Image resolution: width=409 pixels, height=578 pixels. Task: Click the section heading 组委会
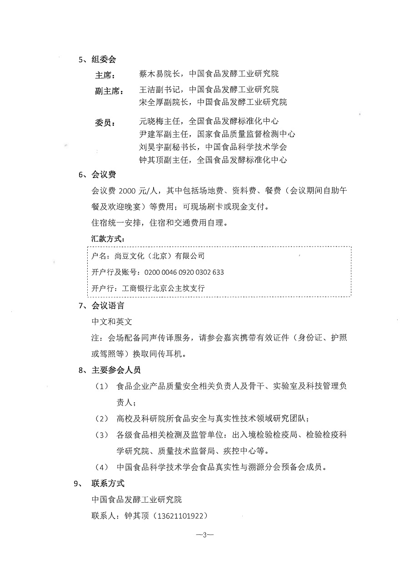click(104, 59)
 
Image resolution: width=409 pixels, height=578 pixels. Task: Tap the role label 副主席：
click(109, 91)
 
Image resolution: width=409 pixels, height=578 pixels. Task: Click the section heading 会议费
click(104, 174)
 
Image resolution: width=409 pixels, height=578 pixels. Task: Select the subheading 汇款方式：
click(108, 238)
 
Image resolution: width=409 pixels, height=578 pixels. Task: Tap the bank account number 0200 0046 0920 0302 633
click(184, 272)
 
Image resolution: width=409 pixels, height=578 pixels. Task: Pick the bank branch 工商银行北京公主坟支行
click(165, 288)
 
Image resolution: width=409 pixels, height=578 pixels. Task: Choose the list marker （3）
click(101, 435)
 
